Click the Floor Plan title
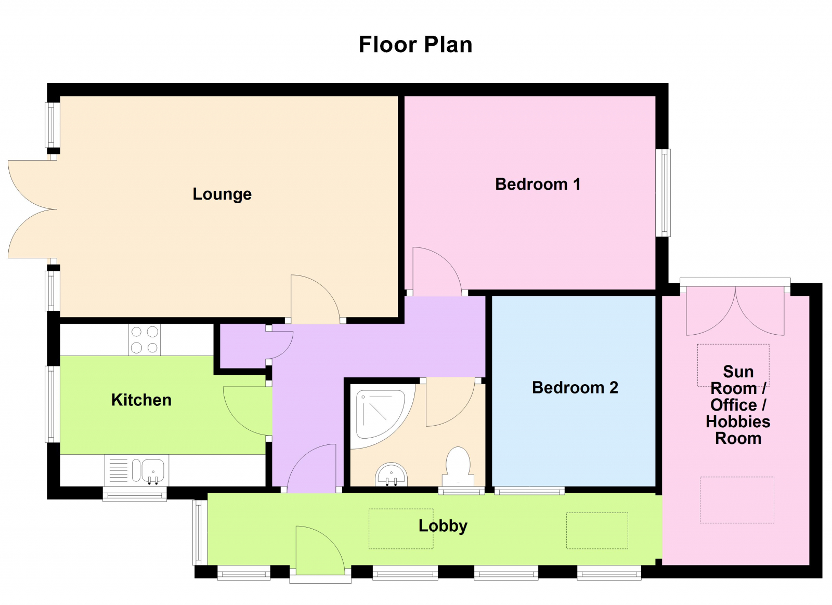pos(415,45)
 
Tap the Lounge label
pos(222,194)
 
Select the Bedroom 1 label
pos(538,184)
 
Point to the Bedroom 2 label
pos(575,387)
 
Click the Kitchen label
pos(141,400)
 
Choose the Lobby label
pos(443,525)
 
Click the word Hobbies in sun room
pos(738,422)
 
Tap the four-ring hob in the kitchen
pos(145,340)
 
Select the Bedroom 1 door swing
pos(436,270)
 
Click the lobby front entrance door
pos(318,551)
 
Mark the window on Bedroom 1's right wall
pos(663,193)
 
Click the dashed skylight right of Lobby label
pos(597,531)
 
